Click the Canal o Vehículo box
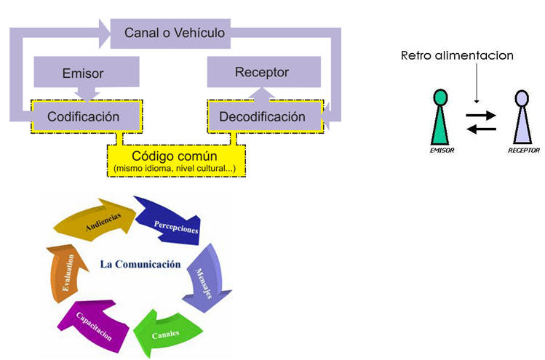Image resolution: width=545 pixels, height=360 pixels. [x=175, y=33]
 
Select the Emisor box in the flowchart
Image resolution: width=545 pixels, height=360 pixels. [x=84, y=73]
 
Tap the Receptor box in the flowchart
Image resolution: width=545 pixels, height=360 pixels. [x=262, y=73]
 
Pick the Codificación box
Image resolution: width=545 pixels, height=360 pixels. [x=84, y=116]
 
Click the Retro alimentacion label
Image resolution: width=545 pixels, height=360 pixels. [x=457, y=55]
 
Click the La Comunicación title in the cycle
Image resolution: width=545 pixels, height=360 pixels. [x=140, y=265]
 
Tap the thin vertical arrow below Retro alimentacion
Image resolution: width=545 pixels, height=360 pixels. [x=475, y=84]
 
